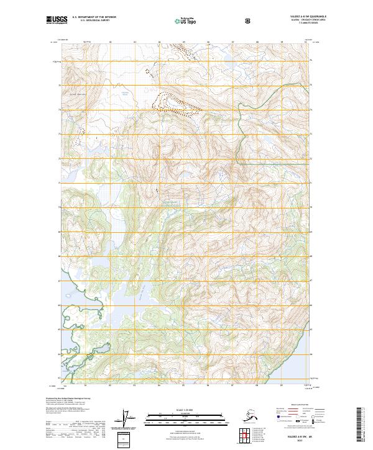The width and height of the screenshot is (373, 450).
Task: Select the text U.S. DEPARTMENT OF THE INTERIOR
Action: point(91,18)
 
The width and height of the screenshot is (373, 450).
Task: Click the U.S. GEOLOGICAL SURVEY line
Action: point(91,22)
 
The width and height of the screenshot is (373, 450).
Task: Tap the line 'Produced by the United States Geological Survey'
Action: point(65,398)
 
